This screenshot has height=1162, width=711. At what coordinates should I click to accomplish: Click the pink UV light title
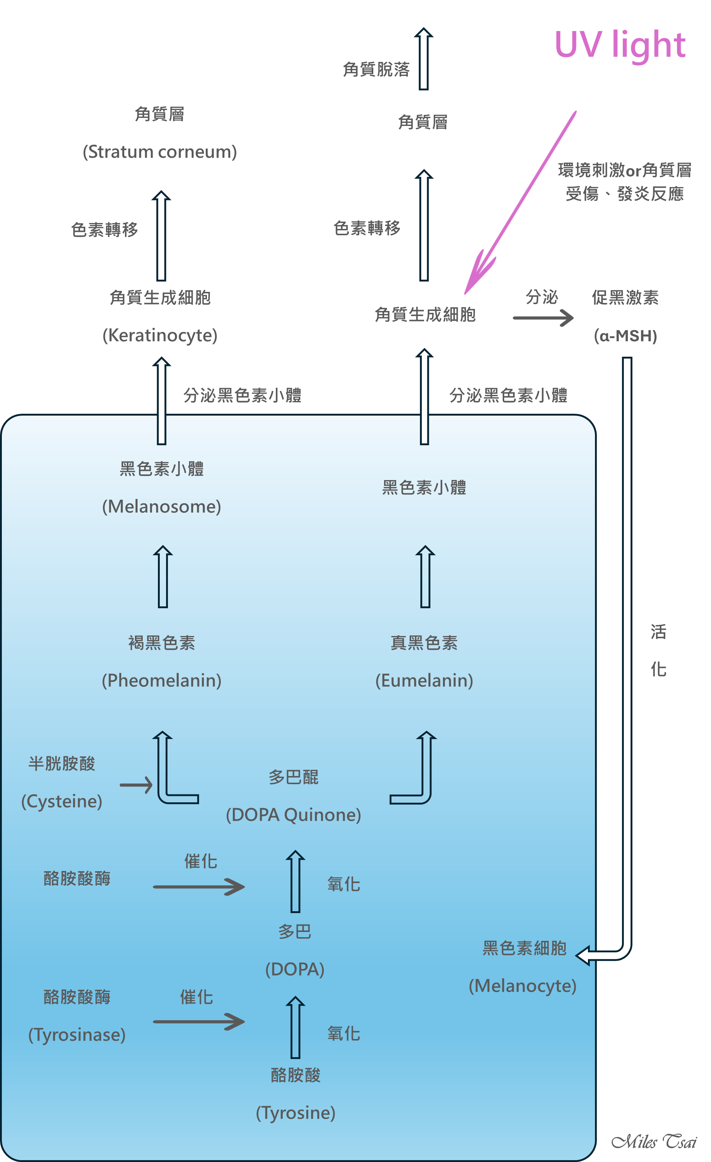(619, 45)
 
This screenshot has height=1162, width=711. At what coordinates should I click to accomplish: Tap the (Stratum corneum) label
(159, 152)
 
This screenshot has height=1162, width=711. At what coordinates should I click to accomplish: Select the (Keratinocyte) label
(160, 335)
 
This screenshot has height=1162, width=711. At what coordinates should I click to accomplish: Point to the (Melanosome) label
(161, 506)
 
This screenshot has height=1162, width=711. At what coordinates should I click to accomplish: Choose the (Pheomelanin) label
(161, 680)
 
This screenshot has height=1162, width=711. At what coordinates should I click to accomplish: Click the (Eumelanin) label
(424, 680)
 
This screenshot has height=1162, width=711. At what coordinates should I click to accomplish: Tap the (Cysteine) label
(62, 801)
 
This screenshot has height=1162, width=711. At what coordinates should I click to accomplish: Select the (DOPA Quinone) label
(294, 815)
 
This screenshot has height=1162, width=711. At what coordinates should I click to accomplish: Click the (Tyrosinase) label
(77, 1035)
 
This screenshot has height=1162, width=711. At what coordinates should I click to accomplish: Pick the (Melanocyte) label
(522, 986)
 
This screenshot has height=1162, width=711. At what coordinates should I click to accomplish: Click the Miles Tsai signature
(654, 1141)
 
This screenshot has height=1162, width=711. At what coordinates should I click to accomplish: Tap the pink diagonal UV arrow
(519, 203)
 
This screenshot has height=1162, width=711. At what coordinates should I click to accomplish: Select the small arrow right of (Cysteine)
(136, 785)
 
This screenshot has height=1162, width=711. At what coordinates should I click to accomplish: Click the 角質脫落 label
(376, 69)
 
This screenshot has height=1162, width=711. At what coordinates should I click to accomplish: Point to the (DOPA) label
(295, 969)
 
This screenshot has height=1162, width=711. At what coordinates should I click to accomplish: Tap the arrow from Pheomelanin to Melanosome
(163, 577)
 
